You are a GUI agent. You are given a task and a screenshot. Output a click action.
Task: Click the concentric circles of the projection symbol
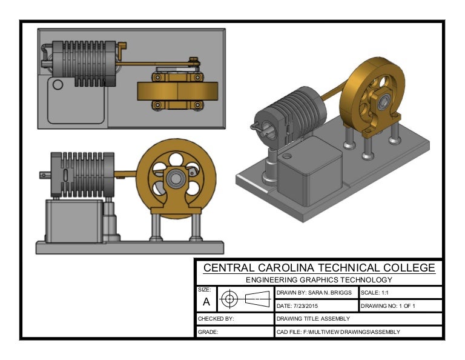click(x=229, y=298)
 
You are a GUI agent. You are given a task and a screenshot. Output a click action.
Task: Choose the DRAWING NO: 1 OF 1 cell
click(x=388, y=305)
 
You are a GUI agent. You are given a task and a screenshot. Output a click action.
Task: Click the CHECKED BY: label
click(x=216, y=319)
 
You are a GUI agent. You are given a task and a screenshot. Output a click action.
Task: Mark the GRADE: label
click(x=208, y=332)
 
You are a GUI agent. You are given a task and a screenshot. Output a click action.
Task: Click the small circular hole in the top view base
click(x=58, y=84)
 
